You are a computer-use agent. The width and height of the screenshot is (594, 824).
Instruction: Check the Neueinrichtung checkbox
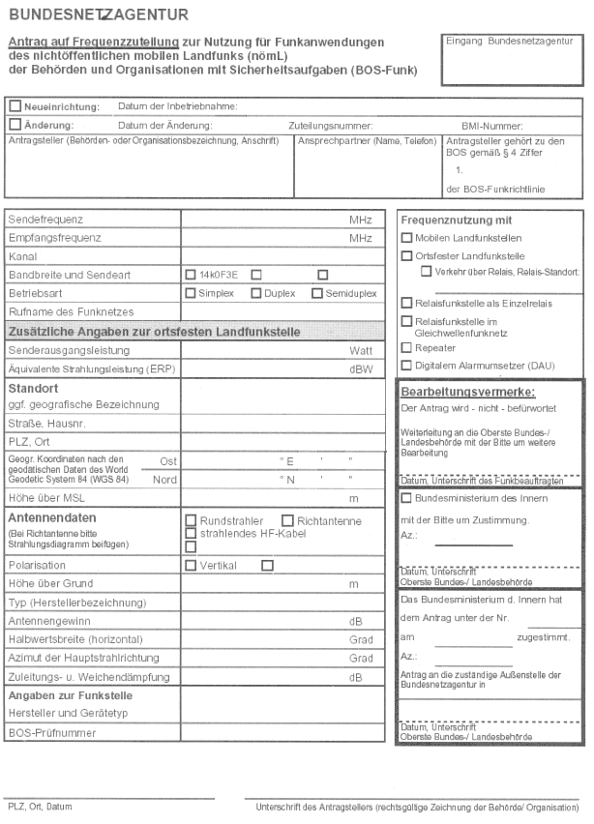(x=15, y=105)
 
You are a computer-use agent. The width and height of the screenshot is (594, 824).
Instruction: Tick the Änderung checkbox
(x=15, y=125)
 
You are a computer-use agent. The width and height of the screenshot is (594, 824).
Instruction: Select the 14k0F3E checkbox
(x=191, y=274)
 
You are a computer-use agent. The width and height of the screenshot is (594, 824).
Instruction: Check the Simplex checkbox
(x=191, y=292)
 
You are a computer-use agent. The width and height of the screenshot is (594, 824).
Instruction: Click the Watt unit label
(x=360, y=349)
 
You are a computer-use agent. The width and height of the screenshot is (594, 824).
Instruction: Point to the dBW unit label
(x=360, y=368)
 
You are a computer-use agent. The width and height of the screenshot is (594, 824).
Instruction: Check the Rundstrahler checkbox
(x=191, y=520)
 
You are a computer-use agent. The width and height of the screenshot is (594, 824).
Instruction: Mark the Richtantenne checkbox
(x=287, y=520)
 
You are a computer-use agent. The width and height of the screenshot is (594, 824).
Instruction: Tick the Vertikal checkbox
(x=191, y=566)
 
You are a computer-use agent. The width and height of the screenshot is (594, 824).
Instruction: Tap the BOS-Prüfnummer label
(x=47, y=733)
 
